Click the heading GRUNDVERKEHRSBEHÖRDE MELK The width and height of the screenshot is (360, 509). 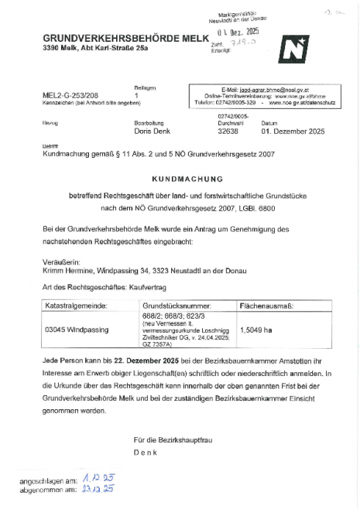[x=125, y=39]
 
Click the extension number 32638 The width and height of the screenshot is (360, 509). [x=231, y=132]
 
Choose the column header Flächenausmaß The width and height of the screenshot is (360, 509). [x=268, y=307]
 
